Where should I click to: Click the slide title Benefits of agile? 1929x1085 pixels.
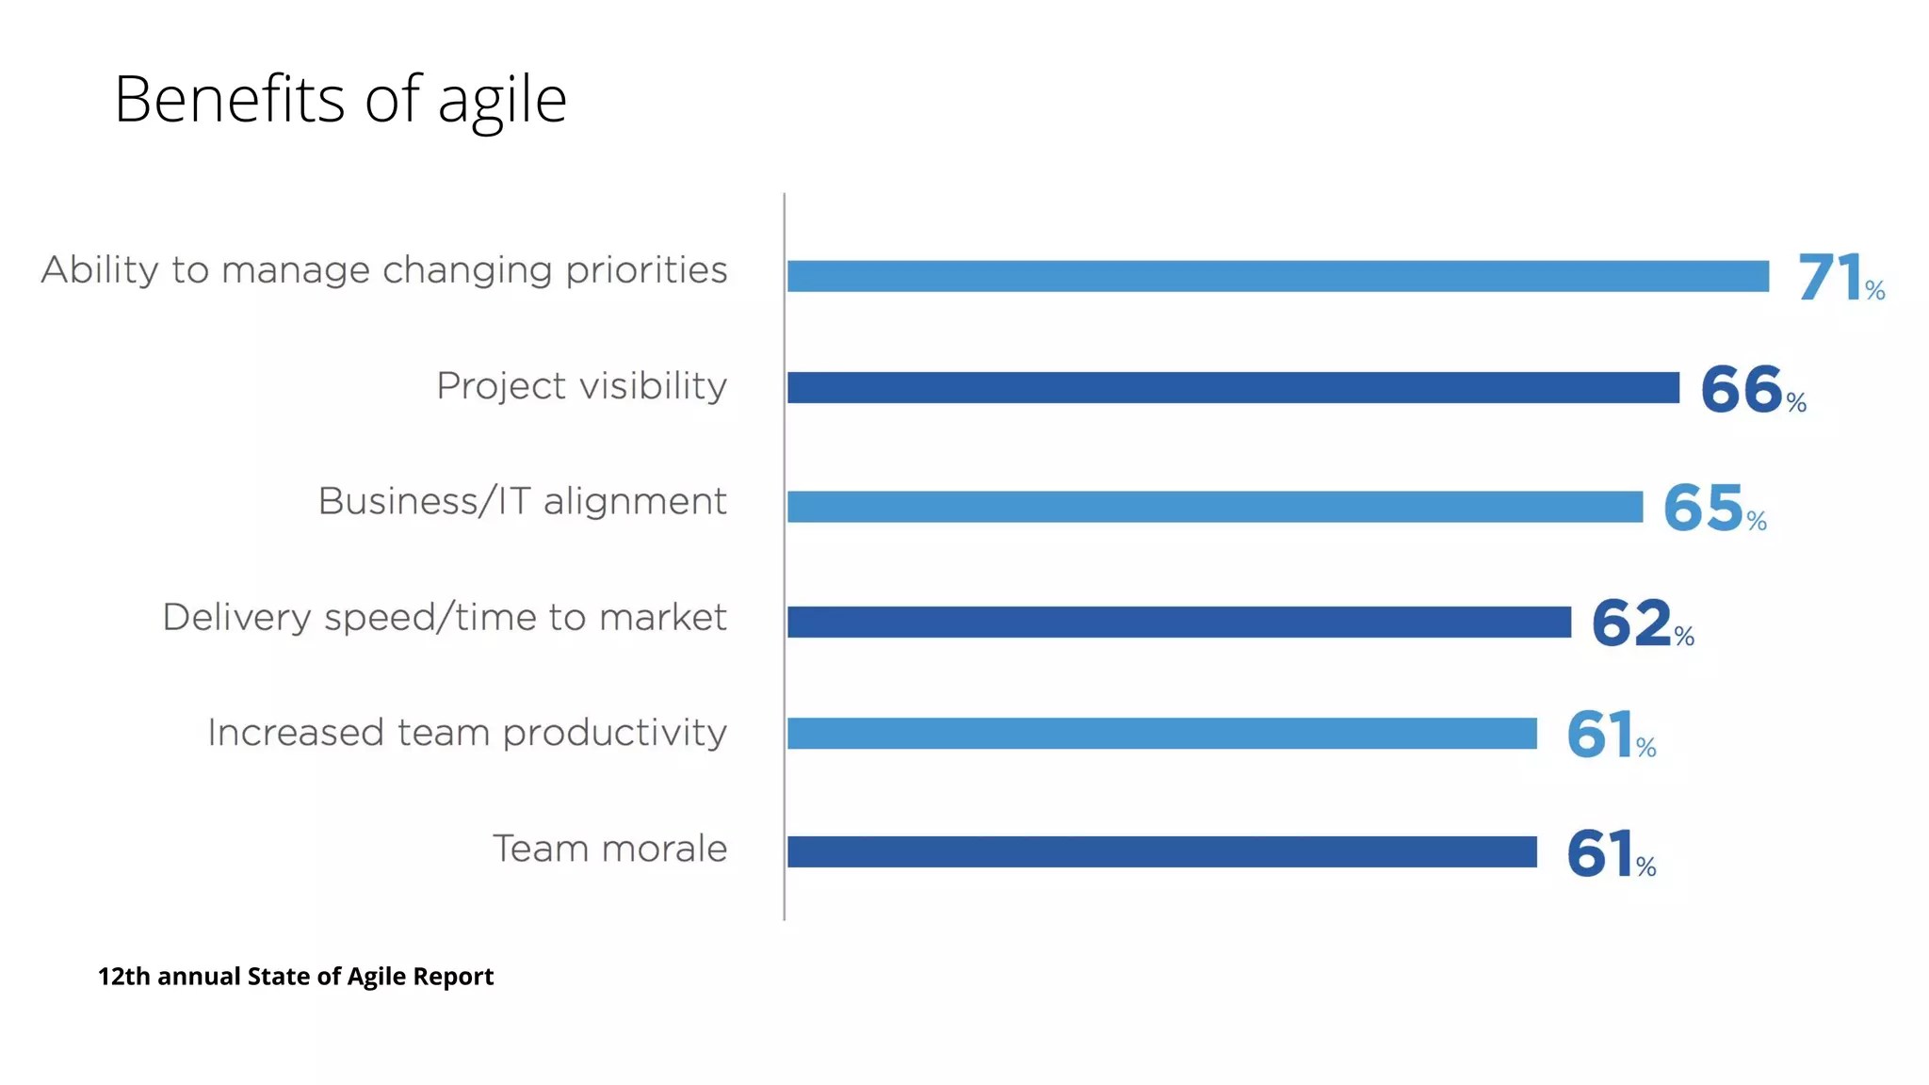[x=340, y=100]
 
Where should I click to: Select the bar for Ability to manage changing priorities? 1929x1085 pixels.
[x=1277, y=276]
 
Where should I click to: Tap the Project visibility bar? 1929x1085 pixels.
[x=1233, y=387]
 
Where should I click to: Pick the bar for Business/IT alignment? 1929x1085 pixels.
[x=1214, y=507]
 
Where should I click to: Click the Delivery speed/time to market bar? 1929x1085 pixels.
[x=1178, y=622]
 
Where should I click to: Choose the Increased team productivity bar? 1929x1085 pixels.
[x=1161, y=733]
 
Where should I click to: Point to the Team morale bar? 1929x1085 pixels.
[x=1161, y=851]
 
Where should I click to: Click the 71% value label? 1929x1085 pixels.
[x=1840, y=278]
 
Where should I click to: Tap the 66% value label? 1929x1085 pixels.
[x=1752, y=390]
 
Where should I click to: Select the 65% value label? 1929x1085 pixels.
[x=1713, y=509]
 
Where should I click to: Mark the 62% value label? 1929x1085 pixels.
[x=1642, y=623]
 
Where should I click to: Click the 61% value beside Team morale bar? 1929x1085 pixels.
[x=1610, y=854]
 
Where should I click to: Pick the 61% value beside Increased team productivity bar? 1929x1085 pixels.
[x=1610, y=736]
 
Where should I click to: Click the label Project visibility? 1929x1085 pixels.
[x=581, y=386]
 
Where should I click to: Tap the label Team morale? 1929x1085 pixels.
[x=609, y=849]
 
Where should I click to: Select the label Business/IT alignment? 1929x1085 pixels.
[x=522, y=501]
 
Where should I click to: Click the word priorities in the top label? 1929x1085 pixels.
[x=646, y=271]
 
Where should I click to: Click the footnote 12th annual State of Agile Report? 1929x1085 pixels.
[x=296, y=977]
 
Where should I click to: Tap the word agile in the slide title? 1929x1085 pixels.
[x=502, y=102]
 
